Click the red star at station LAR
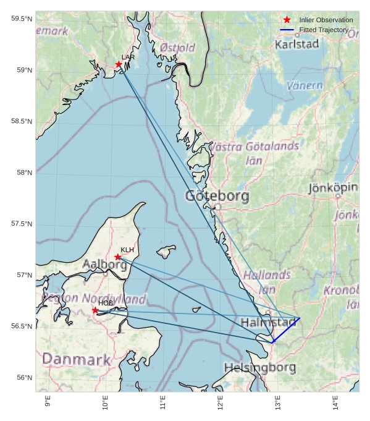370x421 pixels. click(x=119, y=64)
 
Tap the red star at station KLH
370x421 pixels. click(x=118, y=257)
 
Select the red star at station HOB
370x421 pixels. click(x=95, y=310)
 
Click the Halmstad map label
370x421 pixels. click(x=268, y=323)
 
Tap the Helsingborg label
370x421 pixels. click(x=259, y=367)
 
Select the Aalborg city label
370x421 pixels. click(x=104, y=265)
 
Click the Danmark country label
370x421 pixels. click(x=76, y=359)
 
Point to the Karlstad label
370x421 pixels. click(x=296, y=45)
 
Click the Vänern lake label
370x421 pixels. click(x=305, y=85)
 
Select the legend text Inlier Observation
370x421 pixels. click(x=326, y=20)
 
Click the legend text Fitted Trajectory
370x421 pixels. click(x=324, y=30)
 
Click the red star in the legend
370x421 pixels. click(x=287, y=20)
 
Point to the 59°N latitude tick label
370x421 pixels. click(x=22, y=70)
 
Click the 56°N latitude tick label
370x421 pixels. click(x=22, y=378)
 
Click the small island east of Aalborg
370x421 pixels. click(x=165, y=251)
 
